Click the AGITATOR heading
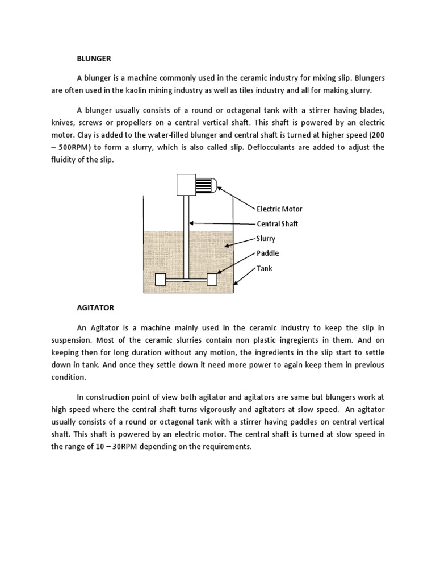pyautogui.click(x=95, y=307)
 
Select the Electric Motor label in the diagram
pyautogui.click(x=279, y=209)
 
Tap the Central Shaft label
pyautogui.click(x=277, y=224)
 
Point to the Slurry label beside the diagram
pyautogui.click(x=266, y=239)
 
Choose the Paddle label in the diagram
pyautogui.click(x=267, y=253)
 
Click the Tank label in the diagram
pyautogui.click(x=264, y=268)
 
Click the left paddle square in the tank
pyautogui.click(x=160, y=279)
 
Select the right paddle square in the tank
pyautogui.click(x=212, y=279)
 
